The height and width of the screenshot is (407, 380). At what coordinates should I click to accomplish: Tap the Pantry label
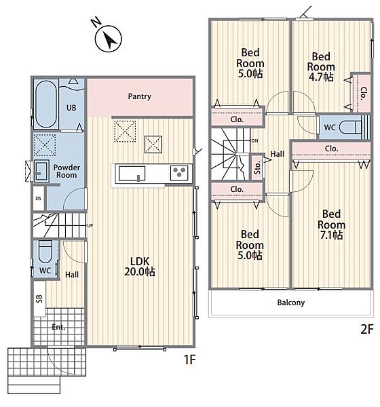pos(140,96)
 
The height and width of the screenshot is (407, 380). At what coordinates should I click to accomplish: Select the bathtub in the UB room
pos(46,104)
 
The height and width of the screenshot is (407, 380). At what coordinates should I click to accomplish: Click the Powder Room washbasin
pos(41,171)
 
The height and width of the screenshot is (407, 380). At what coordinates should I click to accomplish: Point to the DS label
pos(38,199)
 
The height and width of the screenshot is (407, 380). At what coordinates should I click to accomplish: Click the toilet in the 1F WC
pos(45,251)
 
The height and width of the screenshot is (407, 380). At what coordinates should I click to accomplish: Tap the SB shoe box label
pos(39,298)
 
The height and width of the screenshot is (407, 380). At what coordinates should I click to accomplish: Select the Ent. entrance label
pos(58,327)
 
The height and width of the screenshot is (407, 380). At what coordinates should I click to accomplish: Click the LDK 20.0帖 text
pos(140,267)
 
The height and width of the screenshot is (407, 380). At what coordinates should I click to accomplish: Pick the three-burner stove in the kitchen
pos(179,173)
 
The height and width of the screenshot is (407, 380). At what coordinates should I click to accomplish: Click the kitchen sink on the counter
pos(132,174)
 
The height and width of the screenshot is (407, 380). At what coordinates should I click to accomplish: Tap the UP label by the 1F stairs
pos(90,226)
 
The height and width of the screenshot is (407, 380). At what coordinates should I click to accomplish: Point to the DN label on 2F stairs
pos(255,141)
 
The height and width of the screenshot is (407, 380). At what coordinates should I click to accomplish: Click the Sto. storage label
pos(257,168)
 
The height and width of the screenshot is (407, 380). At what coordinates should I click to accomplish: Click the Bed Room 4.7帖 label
pos(321,66)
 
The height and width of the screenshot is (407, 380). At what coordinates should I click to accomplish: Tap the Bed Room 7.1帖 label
pos(331,225)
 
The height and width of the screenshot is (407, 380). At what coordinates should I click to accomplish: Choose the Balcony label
pos(291,303)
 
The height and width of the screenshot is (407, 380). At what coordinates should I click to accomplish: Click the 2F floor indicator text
pos(366,330)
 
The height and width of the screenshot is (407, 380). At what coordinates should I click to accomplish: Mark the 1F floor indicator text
pos(189,360)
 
